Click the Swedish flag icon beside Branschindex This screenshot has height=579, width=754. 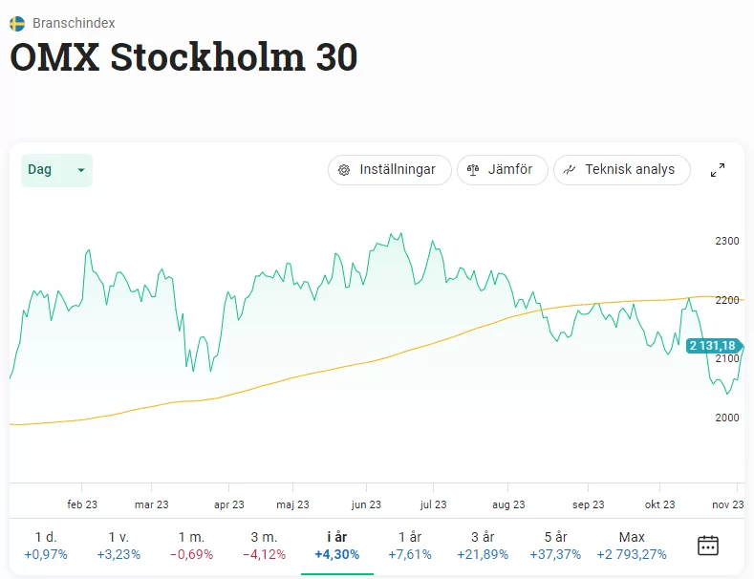(x=17, y=22)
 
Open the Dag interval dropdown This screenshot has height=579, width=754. (x=56, y=170)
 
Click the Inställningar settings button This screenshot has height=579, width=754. (x=388, y=170)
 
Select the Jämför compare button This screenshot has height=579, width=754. (x=502, y=170)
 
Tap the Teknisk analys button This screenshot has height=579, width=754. (x=621, y=170)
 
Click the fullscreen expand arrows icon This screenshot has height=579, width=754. (x=718, y=170)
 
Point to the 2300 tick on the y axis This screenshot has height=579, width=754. (x=727, y=241)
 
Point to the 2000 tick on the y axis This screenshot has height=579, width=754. (x=727, y=418)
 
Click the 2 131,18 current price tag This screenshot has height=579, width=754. (x=712, y=346)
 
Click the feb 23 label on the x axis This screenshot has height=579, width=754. (x=82, y=504)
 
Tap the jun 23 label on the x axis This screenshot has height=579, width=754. (x=366, y=504)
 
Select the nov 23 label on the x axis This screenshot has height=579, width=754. (x=728, y=504)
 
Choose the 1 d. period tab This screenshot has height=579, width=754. (x=46, y=545)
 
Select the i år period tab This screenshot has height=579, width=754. (x=336, y=545)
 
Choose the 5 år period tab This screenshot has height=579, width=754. (x=554, y=545)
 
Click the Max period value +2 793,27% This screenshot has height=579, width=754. (x=632, y=554)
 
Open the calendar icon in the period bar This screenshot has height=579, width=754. (x=708, y=546)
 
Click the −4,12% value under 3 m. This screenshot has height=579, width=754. (x=264, y=554)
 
